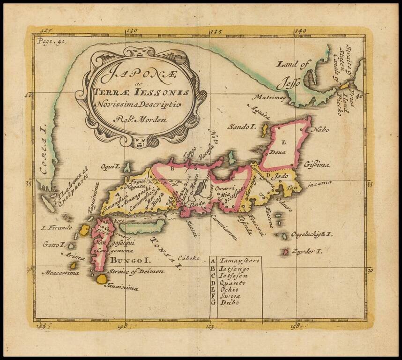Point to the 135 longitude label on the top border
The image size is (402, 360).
[216, 32]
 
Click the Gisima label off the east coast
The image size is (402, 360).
[317, 165]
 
